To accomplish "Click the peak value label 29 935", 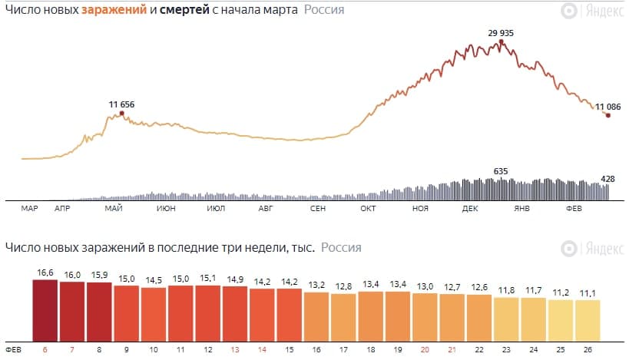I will point(500,32).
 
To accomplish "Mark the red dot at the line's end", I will point(607,115).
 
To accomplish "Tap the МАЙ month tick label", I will point(114,208).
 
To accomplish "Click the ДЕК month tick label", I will point(471,208).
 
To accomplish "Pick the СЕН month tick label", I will point(316,208).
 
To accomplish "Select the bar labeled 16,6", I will point(45,310).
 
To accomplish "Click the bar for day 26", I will point(588,320).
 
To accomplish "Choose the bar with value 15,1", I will point(208,313).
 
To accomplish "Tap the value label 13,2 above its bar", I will point(316,284).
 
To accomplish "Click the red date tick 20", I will point(425,349).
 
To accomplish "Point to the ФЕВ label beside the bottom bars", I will point(13,349).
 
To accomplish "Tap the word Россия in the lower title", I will point(341,248).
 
